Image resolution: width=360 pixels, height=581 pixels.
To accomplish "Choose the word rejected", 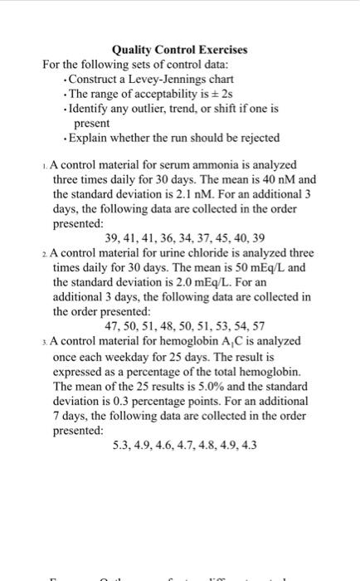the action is pos(258,137).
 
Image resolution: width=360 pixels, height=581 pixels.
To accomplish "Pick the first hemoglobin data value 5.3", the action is pos(121,445).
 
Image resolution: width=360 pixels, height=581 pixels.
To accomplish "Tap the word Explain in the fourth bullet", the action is pos(89,137).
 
